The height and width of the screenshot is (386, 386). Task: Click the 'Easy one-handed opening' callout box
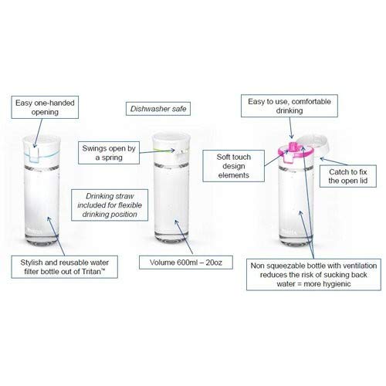[45, 107]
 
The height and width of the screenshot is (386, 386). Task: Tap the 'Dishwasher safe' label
[158, 109]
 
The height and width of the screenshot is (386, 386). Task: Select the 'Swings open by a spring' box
[109, 153]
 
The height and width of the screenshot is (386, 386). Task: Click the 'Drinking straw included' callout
[110, 205]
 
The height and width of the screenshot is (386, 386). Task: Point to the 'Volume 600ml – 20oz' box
[186, 262]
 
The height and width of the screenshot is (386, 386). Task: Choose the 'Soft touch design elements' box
[233, 166]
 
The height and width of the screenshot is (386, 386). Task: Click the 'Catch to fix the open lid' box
[348, 176]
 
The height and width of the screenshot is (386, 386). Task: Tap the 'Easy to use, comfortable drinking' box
[289, 106]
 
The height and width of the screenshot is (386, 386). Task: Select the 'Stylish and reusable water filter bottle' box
[64, 267]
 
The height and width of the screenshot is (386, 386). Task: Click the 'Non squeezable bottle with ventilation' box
[313, 275]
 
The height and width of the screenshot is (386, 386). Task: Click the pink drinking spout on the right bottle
[293, 147]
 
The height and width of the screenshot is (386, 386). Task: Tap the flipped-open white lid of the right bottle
[313, 144]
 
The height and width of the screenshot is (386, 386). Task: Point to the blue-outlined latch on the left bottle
[33, 155]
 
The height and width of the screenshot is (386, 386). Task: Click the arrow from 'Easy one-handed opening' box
[38, 133]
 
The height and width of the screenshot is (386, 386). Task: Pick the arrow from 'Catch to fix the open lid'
[334, 161]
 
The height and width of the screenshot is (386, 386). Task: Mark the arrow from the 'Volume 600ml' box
[184, 237]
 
